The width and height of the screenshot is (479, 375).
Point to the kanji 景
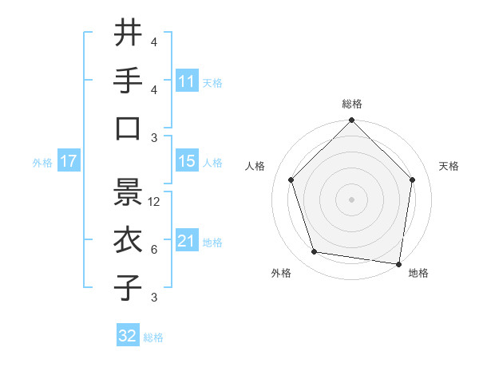pos(128,191)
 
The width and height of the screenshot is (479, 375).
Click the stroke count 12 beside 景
pos(155,202)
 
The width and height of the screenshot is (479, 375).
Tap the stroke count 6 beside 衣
pos(154,250)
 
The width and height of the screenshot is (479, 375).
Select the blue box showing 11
pos(186,81)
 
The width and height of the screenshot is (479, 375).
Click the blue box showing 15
pos(186,161)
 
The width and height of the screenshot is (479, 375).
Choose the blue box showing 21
pos(186,241)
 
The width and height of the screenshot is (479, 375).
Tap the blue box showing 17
pos(68,161)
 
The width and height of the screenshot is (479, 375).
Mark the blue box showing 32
pos(128,336)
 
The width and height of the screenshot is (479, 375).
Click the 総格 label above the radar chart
pos(351,104)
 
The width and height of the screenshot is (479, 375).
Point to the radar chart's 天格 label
pos(449,166)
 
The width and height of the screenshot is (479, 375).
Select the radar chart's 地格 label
pos(418,273)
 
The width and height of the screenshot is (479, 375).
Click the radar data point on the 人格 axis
pos(291,180)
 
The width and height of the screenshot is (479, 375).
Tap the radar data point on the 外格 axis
pos(315,252)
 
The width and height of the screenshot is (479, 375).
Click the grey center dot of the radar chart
pos(351,199)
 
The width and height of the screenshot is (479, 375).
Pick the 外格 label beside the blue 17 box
pos(42,162)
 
